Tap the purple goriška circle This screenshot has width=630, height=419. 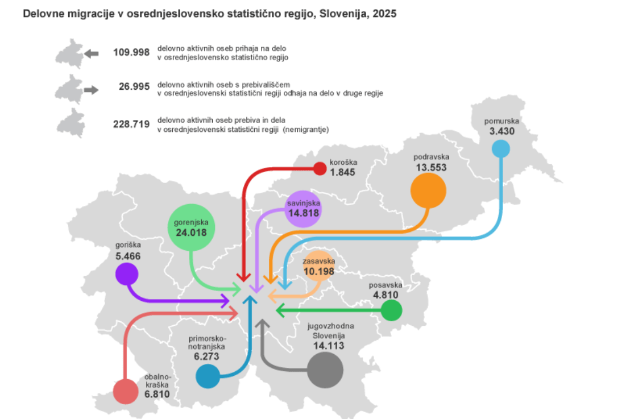click(x=126, y=275)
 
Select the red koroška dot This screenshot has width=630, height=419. click(x=320, y=168)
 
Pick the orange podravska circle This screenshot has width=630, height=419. click(x=428, y=190)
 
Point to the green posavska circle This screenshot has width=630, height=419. click(x=391, y=310)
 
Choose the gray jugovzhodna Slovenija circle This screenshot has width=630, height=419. click(x=325, y=370)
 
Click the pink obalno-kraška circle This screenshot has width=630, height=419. click(x=126, y=392)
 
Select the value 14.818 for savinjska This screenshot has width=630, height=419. click(x=304, y=214)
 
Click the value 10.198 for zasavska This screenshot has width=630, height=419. click(x=318, y=272)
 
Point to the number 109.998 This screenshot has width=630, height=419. click(x=131, y=53)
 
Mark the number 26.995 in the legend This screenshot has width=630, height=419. click(x=134, y=88)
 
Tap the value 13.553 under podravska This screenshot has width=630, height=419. click(x=431, y=168)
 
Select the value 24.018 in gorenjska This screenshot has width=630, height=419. click(x=191, y=231)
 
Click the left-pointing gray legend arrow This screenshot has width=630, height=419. click(x=91, y=53)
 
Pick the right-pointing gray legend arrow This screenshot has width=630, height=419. click(x=91, y=89)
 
